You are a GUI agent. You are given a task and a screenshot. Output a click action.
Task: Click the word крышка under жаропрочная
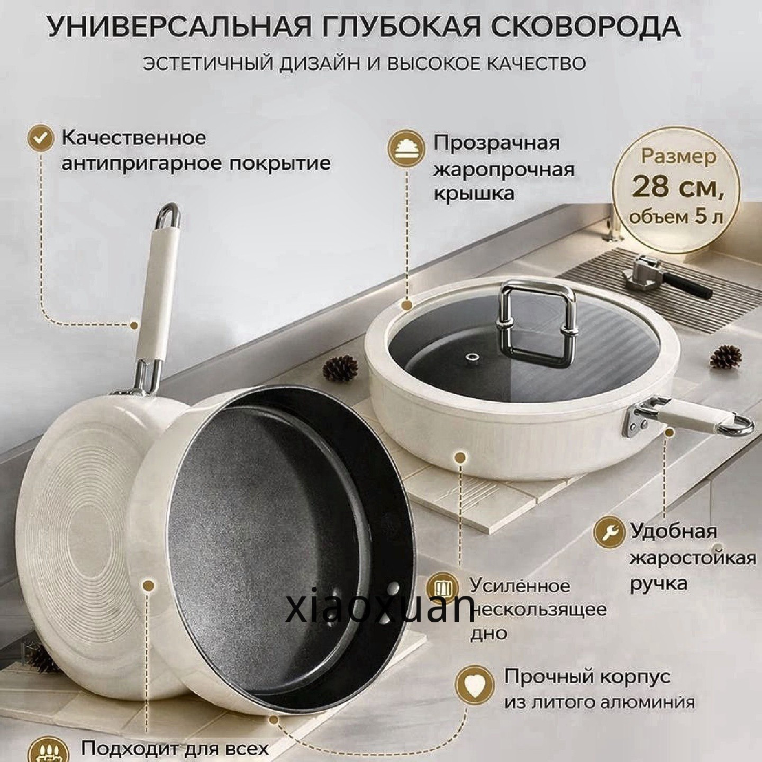coord(475,195)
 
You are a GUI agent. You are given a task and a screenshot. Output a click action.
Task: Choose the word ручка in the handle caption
coord(658,584)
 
